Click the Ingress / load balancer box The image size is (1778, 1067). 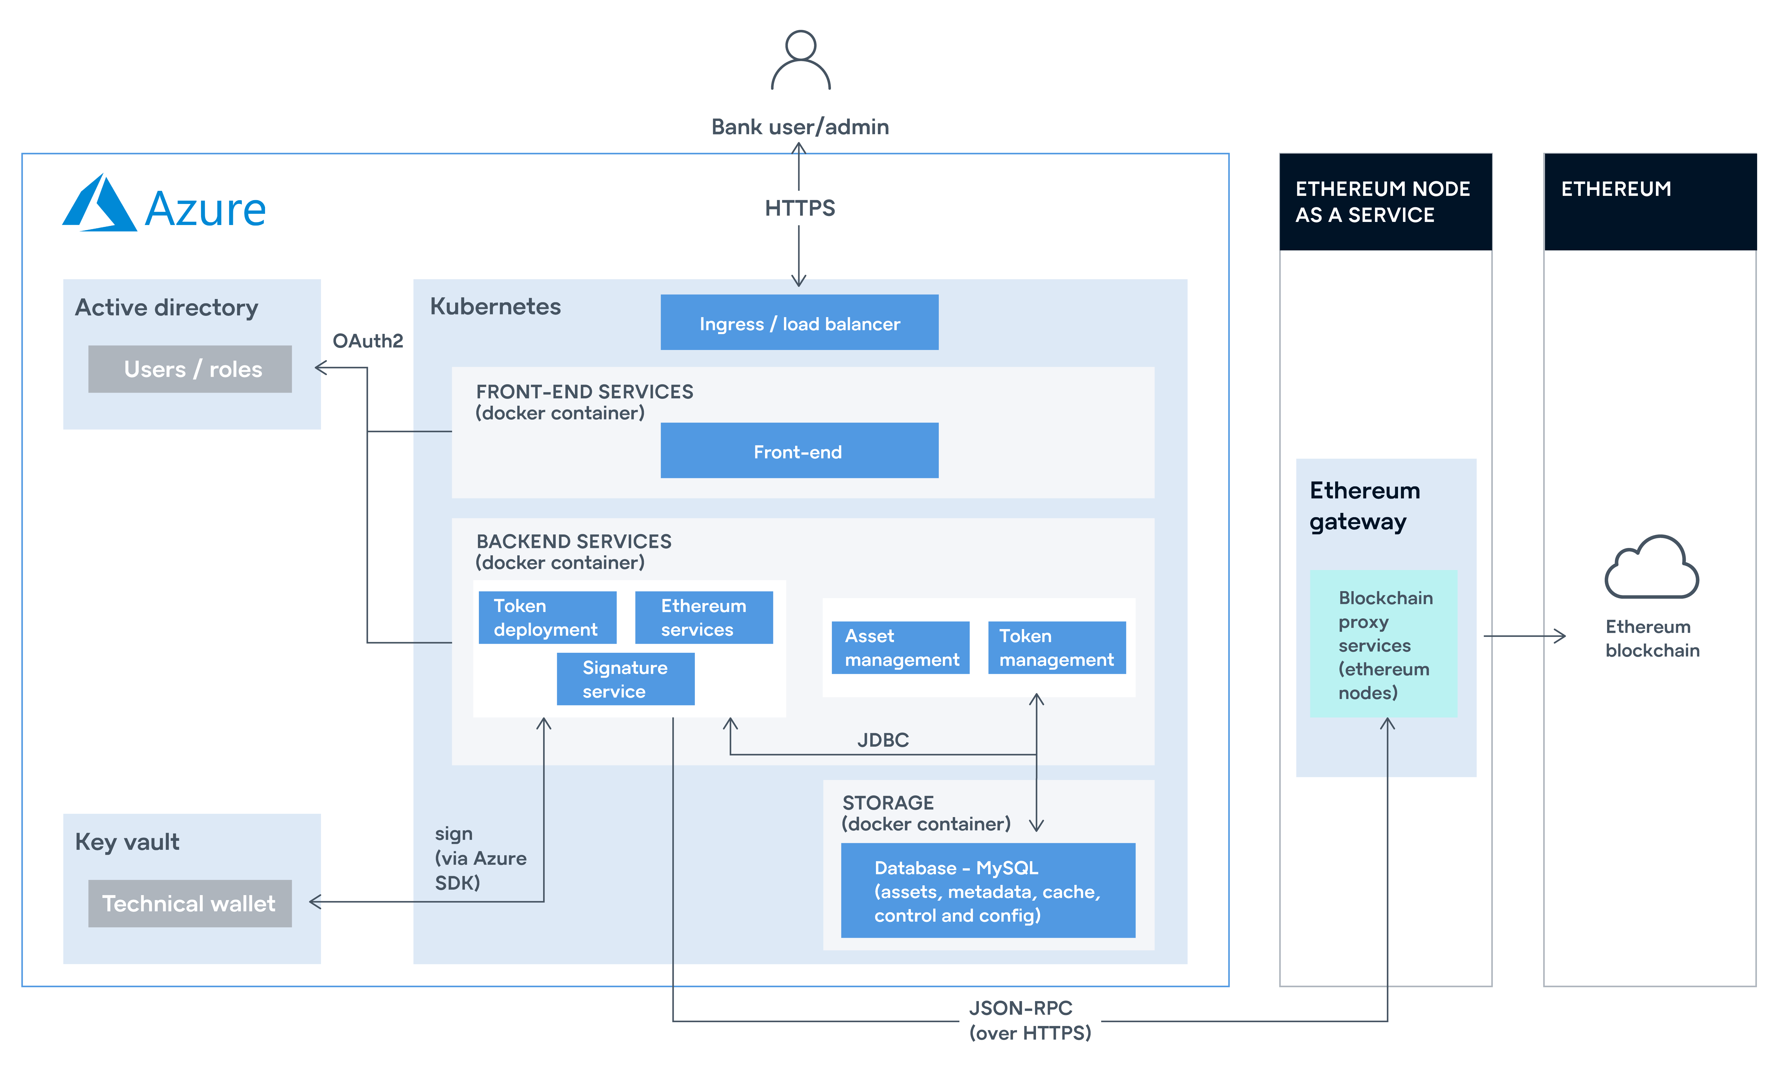(x=799, y=323)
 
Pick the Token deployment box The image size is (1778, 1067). (x=547, y=618)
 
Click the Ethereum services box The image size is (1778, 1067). (x=704, y=618)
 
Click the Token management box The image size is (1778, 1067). (x=1056, y=648)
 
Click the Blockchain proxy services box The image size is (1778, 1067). (x=1384, y=644)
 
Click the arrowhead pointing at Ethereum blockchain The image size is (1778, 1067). (x=1559, y=636)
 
